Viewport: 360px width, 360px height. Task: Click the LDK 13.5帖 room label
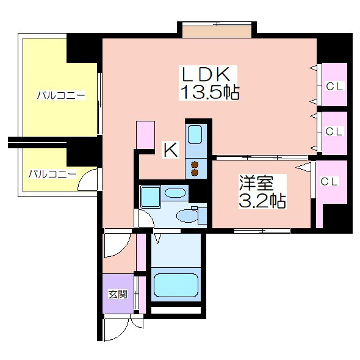point(209,83)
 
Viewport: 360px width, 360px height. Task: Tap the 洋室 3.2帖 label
point(262,192)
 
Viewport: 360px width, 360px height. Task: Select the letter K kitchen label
point(171,149)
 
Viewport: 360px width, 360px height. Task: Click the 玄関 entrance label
point(118,294)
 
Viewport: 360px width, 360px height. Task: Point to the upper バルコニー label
point(61,95)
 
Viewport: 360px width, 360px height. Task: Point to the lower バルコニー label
point(52,174)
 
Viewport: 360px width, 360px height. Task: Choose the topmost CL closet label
point(334,87)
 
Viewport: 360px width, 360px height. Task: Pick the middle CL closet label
point(334,132)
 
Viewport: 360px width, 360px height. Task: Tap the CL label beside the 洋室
point(329,182)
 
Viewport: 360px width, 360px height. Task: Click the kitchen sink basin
point(195,135)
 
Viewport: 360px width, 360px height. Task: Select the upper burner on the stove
point(195,165)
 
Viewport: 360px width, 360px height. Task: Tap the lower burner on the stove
point(195,173)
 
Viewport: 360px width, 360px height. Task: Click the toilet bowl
point(187,216)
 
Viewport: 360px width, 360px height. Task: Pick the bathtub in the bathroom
point(176,285)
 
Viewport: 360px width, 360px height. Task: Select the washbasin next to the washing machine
point(175,193)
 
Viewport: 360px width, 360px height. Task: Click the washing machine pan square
point(150,198)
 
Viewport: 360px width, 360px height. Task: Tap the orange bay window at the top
point(217,32)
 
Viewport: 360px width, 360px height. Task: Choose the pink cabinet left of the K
point(145,135)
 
